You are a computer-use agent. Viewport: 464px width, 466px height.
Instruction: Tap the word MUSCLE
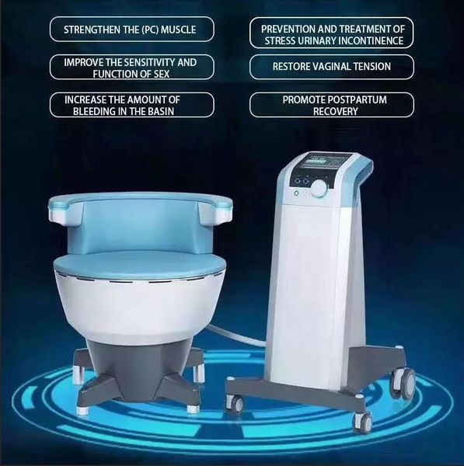coord(179,30)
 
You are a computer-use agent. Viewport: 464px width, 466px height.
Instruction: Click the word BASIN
coord(161,111)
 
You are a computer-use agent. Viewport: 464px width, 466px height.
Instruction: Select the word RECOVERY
coord(335,111)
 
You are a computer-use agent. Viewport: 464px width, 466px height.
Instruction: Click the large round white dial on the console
coord(319,187)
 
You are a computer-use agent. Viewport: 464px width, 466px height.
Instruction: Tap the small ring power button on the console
coord(296,193)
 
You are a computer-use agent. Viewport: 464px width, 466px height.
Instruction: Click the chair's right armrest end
coord(217,211)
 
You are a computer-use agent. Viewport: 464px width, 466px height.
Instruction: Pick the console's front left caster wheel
coord(235,402)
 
